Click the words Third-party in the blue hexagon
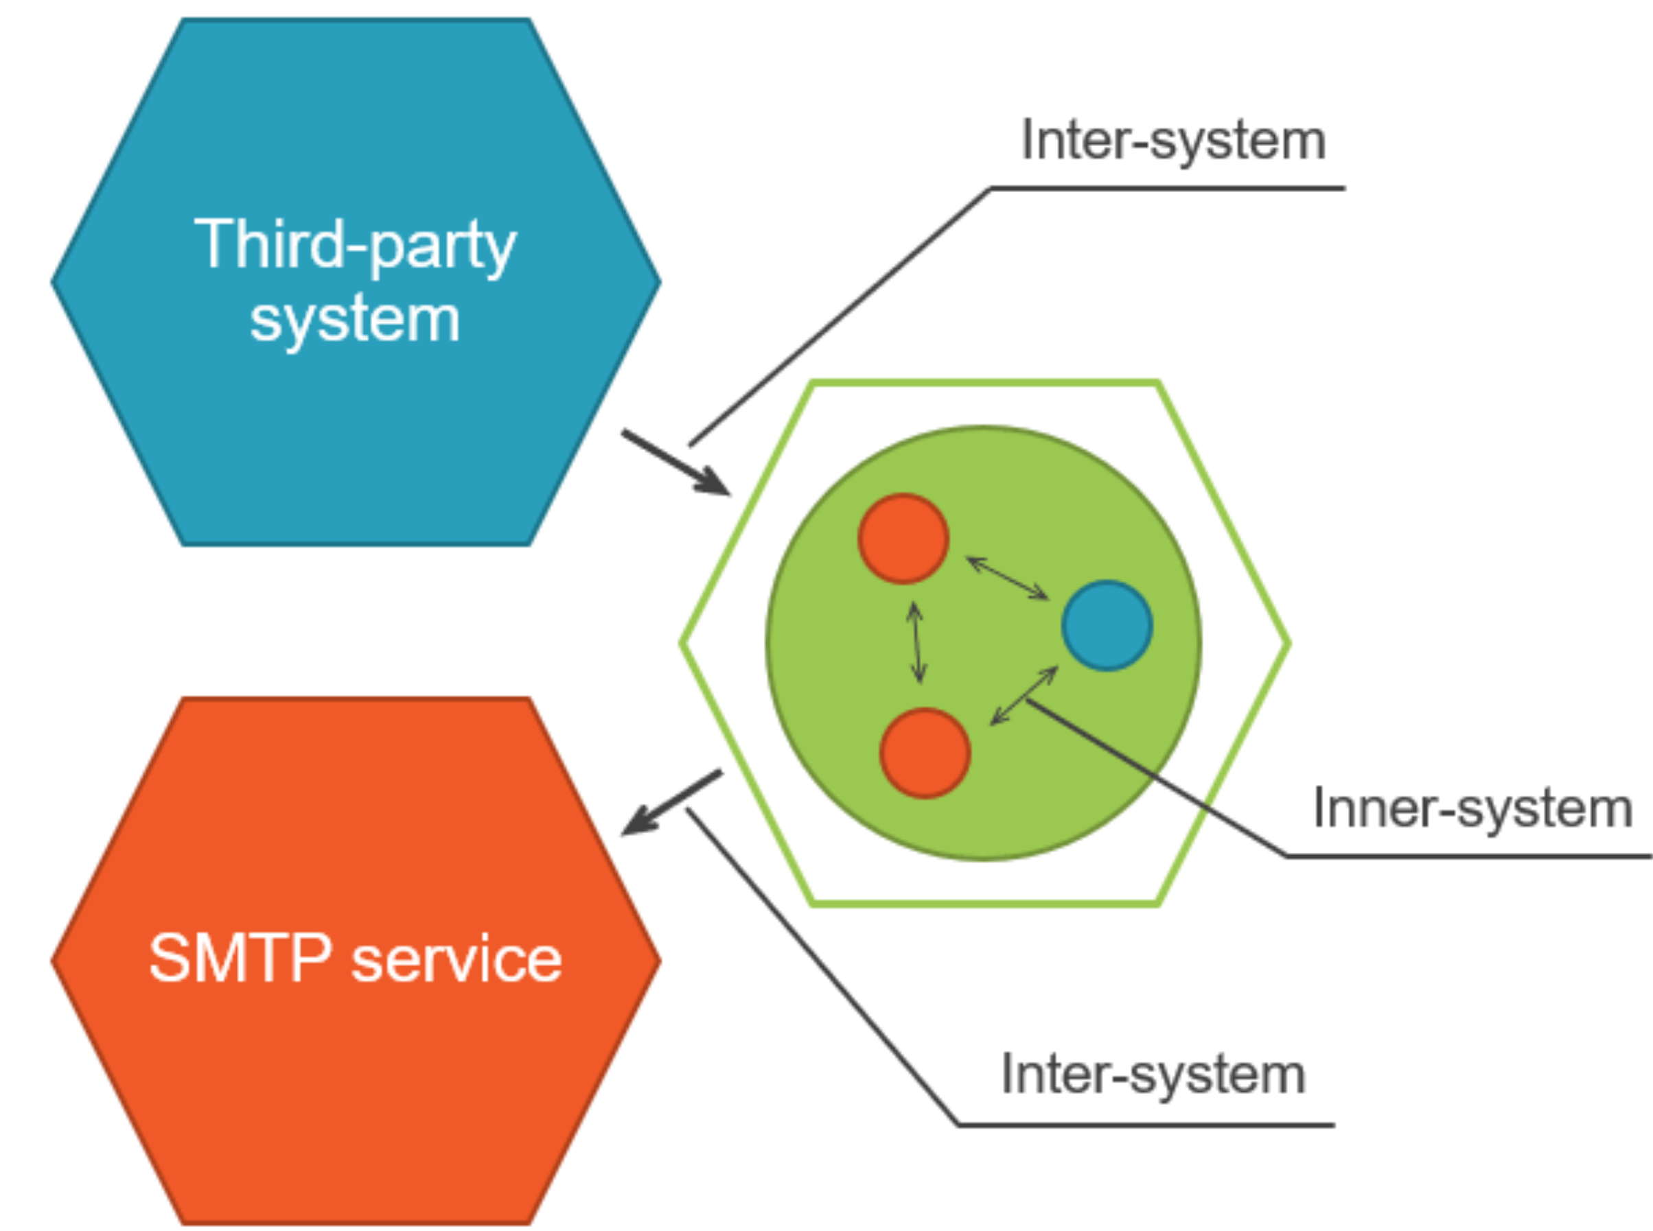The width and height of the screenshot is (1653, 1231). point(355,244)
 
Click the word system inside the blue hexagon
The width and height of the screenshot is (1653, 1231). point(355,320)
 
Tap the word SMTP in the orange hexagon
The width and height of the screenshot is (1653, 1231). point(240,959)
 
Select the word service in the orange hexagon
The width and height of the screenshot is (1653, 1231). point(456,960)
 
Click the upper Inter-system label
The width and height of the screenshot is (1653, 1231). point(1173,140)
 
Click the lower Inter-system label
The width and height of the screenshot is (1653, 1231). point(1153,1075)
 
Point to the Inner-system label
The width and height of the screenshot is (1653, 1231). point(1472,808)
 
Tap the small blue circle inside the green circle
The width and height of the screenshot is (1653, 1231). point(1107,626)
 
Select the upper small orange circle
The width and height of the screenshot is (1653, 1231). point(903,538)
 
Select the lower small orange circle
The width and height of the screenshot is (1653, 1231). point(925,753)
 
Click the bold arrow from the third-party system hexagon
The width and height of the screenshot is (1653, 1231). point(675,462)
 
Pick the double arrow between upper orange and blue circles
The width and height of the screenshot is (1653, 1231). point(1008,578)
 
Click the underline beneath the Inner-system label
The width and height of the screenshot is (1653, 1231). point(1468,857)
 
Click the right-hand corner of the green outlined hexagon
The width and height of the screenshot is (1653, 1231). point(1288,642)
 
